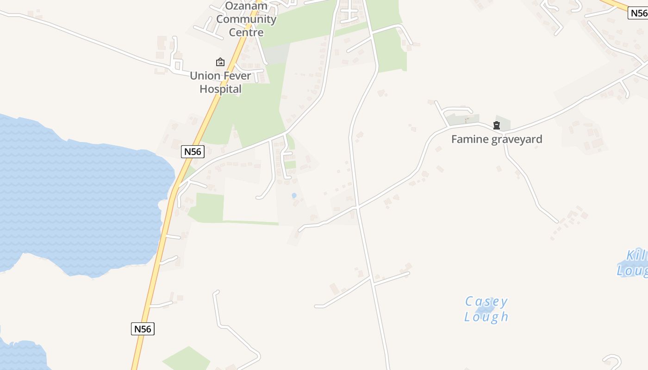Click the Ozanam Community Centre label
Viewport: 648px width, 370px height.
(x=246, y=19)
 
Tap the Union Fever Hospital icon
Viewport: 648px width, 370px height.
(x=220, y=62)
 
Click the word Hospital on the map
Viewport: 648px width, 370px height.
(x=220, y=89)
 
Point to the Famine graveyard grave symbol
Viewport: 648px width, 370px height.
(x=497, y=125)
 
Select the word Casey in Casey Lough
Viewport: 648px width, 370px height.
(x=486, y=302)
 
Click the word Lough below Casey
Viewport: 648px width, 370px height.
(x=486, y=317)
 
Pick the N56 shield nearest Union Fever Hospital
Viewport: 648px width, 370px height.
(x=193, y=152)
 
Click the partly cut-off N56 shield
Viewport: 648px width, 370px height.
(x=638, y=13)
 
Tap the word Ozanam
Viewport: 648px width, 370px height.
(x=246, y=6)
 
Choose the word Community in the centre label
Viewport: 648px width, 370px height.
(x=246, y=19)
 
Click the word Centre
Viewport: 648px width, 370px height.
(x=246, y=32)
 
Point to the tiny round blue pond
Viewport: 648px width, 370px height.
(x=294, y=196)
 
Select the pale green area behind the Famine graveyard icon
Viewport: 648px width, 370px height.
(x=503, y=123)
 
